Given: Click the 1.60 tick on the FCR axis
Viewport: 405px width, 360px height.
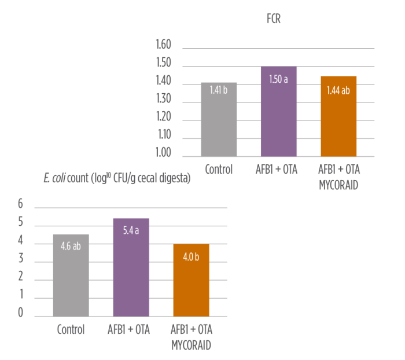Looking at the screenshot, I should click(164, 45).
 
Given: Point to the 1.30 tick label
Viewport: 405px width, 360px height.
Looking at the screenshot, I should click(164, 99).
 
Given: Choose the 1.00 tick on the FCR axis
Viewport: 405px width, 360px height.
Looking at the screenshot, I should click(164, 153).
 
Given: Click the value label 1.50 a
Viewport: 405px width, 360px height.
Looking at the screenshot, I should click(279, 79).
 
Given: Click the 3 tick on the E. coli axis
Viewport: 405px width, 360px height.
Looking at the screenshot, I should click(20, 258).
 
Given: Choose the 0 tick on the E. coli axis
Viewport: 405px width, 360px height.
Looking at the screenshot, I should click(20, 313).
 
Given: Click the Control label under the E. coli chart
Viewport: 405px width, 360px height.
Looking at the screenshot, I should click(71, 330).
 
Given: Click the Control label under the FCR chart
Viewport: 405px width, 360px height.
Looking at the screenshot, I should click(219, 170).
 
